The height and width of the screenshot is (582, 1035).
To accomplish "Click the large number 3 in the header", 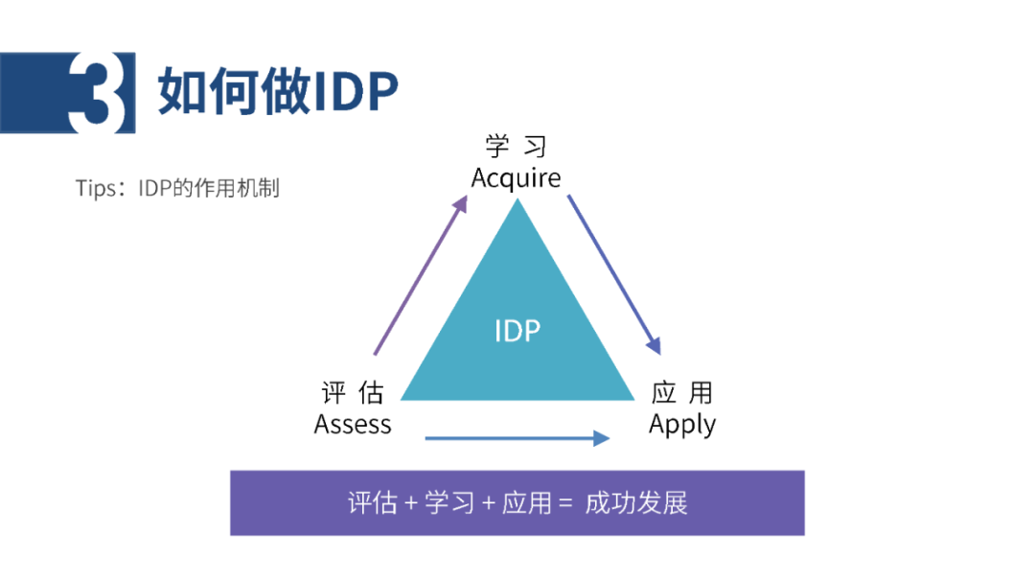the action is click(x=97, y=92).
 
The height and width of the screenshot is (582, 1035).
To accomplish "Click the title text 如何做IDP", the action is click(x=278, y=91).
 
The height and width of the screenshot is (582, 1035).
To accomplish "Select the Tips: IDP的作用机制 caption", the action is click(x=177, y=188).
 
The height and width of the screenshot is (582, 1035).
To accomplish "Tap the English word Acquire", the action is click(x=517, y=178).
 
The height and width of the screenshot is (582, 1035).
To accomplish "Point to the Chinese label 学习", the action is click(x=517, y=147).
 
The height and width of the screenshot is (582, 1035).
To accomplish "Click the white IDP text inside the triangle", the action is click(x=517, y=330).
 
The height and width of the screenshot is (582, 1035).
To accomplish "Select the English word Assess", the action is click(x=353, y=424).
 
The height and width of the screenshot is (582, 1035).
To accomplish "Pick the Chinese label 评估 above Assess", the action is click(x=353, y=393).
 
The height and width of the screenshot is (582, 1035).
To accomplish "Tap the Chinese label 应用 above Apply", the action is click(x=682, y=393).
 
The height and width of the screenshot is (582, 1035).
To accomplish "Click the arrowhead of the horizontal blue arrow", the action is click(x=601, y=438).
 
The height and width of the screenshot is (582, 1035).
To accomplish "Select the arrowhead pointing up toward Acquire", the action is click(x=460, y=203).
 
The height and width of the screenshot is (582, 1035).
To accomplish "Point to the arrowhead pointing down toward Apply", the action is click(x=654, y=345).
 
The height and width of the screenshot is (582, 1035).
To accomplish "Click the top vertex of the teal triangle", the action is click(x=517, y=198).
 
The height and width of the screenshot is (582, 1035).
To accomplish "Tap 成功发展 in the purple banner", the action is click(x=636, y=503).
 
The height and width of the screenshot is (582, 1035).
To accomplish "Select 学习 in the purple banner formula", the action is click(x=449, y=503).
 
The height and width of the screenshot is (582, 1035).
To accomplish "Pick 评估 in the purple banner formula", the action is click(x=373, y=503).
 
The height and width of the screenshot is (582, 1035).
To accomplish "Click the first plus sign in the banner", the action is click(x=411, y=504).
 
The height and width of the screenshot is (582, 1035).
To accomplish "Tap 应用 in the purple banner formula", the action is click(x=527, y=503).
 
